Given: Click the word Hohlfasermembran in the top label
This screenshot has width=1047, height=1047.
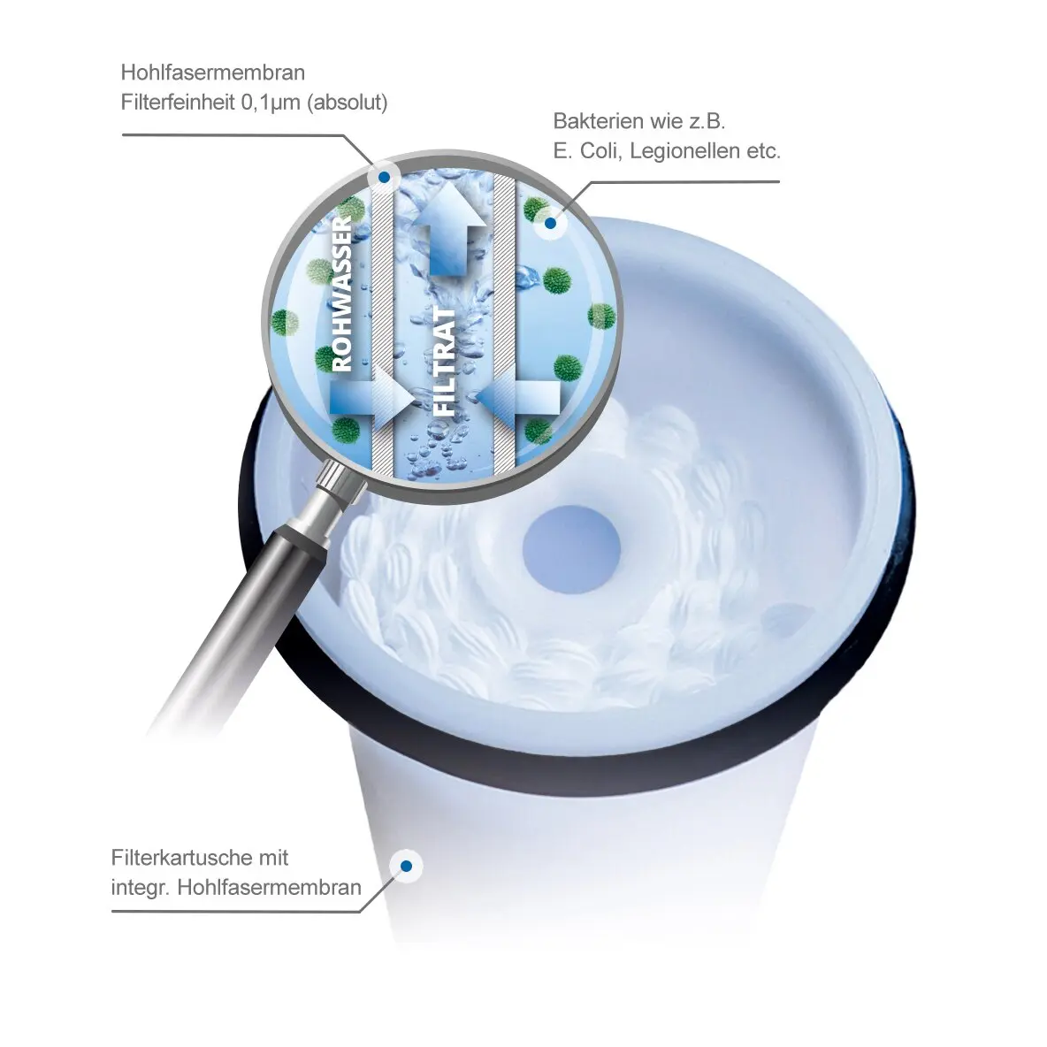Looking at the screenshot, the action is click(x=212, y=73).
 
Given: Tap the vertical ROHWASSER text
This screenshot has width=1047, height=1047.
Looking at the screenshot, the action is click(x=342, y=293).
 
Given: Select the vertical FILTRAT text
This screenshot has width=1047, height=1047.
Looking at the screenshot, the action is click(x=445, y=362).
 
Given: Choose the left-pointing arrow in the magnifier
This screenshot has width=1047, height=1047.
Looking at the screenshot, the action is click(x=518, y=398).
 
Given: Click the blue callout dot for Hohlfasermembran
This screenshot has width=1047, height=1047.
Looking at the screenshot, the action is click(x=384, y=178).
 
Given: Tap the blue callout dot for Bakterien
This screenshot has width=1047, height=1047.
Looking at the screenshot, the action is click(x=550, y=223).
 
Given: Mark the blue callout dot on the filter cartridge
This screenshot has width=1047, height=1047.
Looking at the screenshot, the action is click(x=406, y=867).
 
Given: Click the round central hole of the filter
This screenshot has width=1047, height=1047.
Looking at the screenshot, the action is click(x=571, y=549).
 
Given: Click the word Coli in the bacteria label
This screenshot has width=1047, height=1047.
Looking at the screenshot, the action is click(x=600, y=151).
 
